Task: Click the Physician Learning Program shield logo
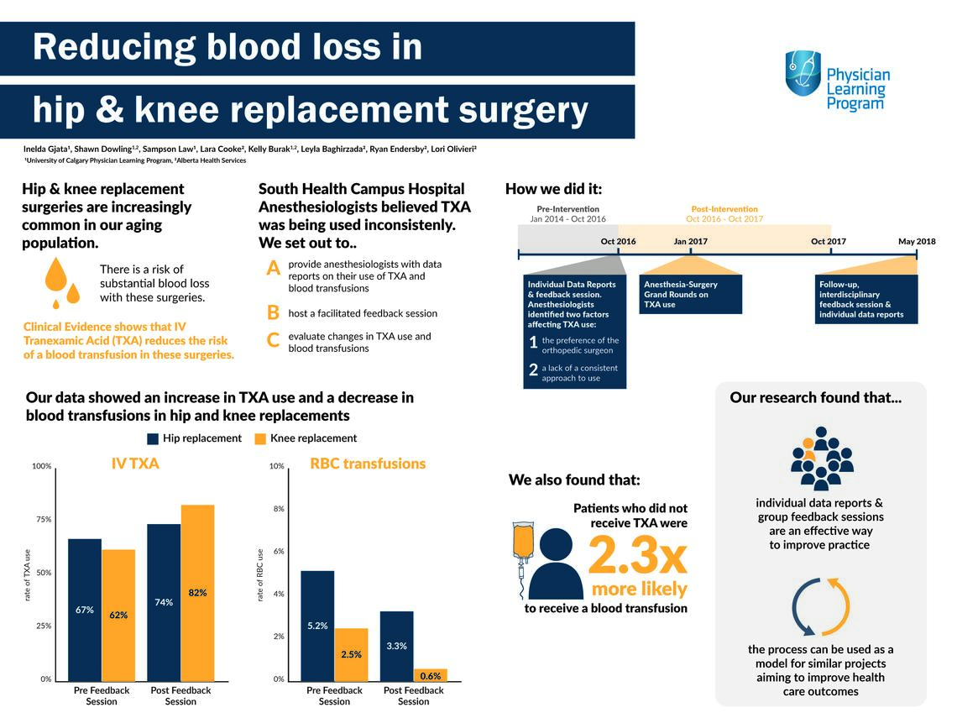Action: coord(803,73)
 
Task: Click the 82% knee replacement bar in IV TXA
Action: coord(197,592)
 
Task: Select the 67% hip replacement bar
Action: coord(85,609)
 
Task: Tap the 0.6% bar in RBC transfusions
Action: coord(430,674)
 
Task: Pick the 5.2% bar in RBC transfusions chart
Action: coord(317,625)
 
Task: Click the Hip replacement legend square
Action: coord(153,438)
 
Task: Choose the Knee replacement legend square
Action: coord(260,438)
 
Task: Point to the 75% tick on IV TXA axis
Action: coord(42,519)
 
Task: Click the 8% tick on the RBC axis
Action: coord(276,509)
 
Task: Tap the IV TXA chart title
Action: coord(135,464)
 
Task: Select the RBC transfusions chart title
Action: coord(368,464)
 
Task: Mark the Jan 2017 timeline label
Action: coord(690,242)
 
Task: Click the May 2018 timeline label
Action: coord(917,242)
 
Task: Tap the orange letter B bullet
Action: coord(273,312)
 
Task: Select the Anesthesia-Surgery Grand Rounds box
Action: coord(691,295)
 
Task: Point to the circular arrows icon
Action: coord(821,606)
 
